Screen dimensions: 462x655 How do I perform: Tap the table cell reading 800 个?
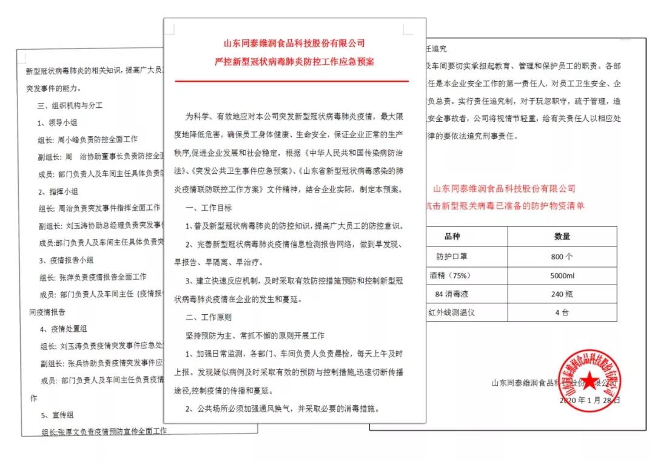click(562, 257)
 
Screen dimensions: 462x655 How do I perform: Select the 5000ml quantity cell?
click(562, 276)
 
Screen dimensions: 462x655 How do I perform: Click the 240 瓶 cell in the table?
click(562, 294)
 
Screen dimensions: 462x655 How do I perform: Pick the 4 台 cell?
click(562, 313)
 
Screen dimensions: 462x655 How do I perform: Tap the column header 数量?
click(562, 236)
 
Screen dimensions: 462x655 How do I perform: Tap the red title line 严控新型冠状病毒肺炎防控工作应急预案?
click(294, 61)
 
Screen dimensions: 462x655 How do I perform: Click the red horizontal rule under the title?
click(292, 81)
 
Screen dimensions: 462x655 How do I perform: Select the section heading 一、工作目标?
click(209, 208)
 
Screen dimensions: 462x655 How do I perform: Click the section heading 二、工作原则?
click(209, 317)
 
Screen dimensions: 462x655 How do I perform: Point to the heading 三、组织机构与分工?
click(70, 105)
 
